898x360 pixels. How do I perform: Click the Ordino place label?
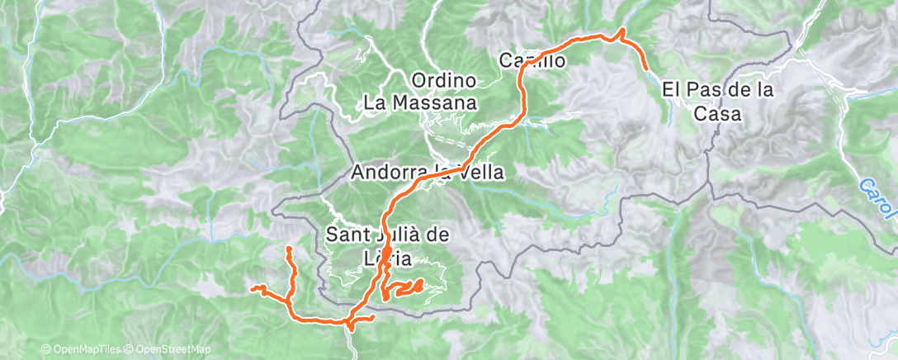445,81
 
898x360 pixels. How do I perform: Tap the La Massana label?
421,103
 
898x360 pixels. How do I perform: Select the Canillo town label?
532,60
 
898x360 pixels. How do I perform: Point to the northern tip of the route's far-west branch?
288,248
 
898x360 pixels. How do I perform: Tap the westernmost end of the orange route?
253,288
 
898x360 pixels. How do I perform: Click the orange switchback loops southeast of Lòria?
404,288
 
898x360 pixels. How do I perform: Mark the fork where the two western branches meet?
291,302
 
